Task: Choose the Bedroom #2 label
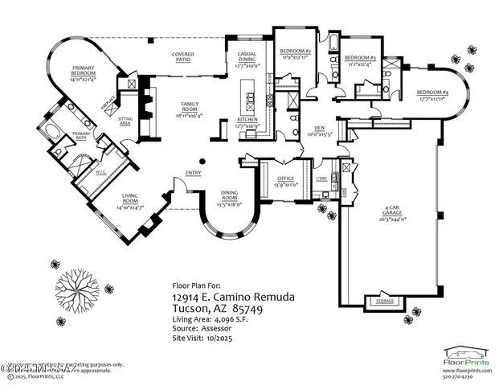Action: click(295, 54)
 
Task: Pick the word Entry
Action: click(193, 172)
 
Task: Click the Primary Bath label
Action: click(81, 134)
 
